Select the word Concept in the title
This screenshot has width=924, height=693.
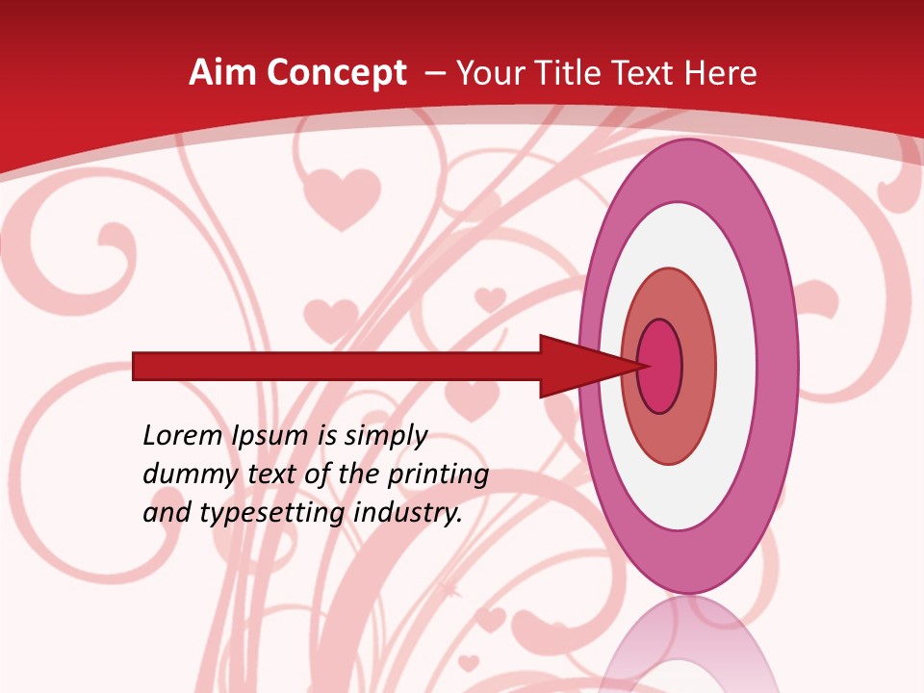coord(336,74)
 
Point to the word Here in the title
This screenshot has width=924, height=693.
coord(721,73)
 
